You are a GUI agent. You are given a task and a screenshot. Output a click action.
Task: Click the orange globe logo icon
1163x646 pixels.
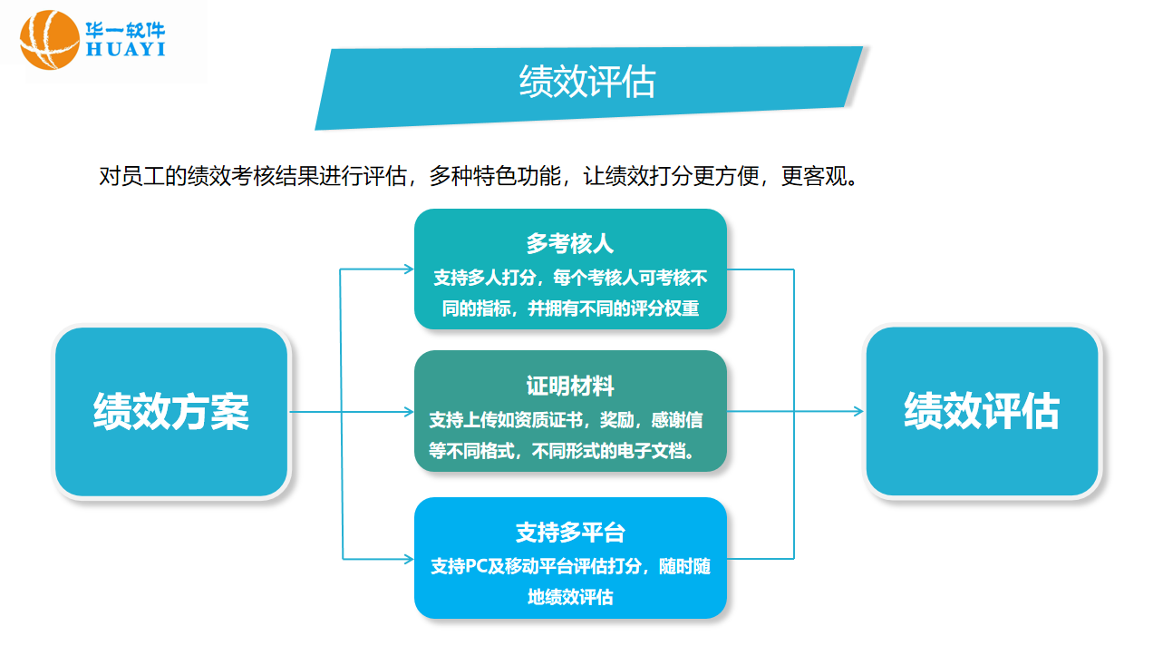click(50, 39)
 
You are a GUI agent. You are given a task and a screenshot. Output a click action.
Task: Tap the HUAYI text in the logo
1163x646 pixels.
click(125, 49)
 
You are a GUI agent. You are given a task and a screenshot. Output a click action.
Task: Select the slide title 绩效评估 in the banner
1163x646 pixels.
click(586, 82)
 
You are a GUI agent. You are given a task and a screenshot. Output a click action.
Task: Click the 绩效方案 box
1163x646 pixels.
click(171, 411)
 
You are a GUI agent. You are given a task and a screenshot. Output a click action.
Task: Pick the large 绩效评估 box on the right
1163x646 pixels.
click(982, 411)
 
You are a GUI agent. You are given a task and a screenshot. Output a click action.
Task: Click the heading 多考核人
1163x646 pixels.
click(570, 243)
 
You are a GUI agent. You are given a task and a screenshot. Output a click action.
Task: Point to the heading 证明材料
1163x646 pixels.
click(570, 386)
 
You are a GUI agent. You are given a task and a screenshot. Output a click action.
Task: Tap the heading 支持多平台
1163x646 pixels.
click(570, 533)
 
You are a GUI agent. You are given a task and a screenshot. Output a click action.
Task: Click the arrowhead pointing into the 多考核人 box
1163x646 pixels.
click(408, 269)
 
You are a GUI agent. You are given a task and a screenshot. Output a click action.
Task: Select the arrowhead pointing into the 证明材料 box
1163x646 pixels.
click(408, 411)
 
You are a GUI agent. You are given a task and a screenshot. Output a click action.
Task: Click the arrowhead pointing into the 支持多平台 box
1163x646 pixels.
click(408, 558)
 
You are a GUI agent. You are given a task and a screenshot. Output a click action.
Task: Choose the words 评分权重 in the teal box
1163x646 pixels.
click(665, 308)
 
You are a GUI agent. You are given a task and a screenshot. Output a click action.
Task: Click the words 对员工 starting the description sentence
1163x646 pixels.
click(131, 176)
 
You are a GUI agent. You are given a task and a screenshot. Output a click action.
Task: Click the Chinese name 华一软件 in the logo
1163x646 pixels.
click(125, 28)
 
